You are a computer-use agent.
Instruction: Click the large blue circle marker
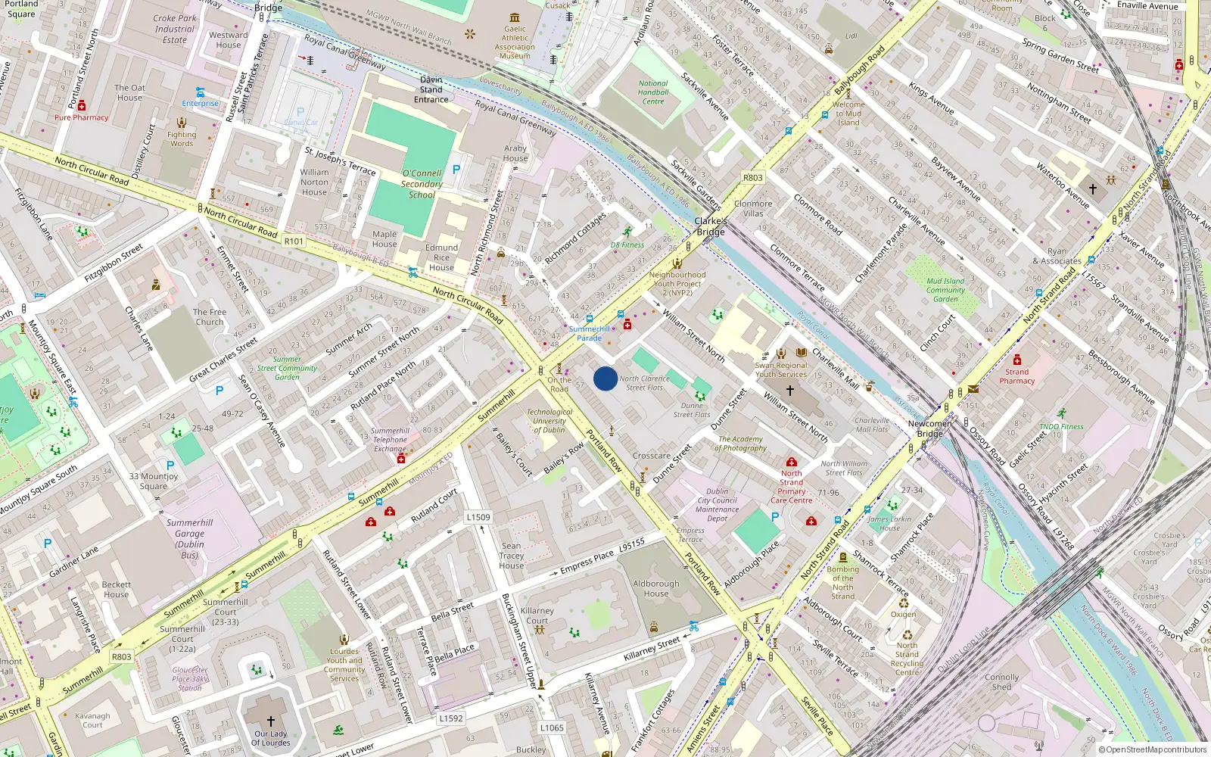[x=605, y=378]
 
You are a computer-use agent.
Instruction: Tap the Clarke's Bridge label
[x=711, y=226]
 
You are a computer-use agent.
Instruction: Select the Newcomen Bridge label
[x=930, y=428]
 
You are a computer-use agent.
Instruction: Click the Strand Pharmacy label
[x=1016, y=376]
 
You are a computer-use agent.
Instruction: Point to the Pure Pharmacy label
[x=81, y=117]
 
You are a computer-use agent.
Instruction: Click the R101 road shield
[x=294, y=241]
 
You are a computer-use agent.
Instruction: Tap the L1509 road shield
[x=478, y=517]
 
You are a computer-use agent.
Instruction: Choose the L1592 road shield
[x=450, y=718]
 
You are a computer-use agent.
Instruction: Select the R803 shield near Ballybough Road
[x=753, y=178]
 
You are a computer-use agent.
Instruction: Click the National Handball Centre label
[x=653, y=92]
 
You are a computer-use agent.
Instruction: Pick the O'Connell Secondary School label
[x=422, y=184]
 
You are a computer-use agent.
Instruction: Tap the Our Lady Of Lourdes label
[x=271, y=738]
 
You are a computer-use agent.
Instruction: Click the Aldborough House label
[x=656, y=588]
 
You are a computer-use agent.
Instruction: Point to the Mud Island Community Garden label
[x=945, y=290]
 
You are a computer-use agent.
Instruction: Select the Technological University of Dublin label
[x=549, y=421]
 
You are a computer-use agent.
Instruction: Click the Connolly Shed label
[x=1001, y=682]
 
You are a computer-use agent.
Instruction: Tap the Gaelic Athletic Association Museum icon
[x=515, y=17]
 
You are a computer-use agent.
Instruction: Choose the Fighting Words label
[x=182, y=139]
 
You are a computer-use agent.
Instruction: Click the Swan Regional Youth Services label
[x=781, y=369]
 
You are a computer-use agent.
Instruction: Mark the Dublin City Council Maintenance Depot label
[x=717, y=505]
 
